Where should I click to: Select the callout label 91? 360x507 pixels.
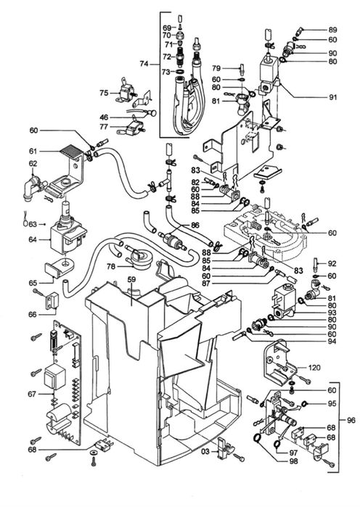[x=333, y=96]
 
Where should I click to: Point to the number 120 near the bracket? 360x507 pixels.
[x=314, y=368]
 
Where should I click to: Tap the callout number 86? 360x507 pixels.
[x=194, y=226]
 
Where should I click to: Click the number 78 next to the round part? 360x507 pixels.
[x=111, y=267]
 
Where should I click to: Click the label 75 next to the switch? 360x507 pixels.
[x=104, y=92]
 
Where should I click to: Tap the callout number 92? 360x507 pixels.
[x=332, y=264]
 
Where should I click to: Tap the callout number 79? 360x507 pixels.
[x=216, y=69]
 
